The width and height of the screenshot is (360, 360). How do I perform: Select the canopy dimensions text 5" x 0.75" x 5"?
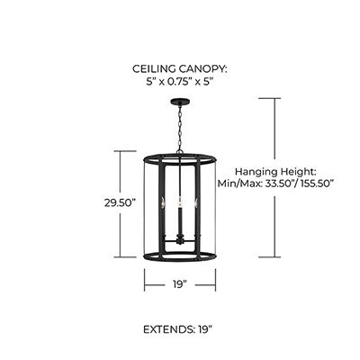(180, 82)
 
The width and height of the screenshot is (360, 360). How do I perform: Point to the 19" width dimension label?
(180, 284)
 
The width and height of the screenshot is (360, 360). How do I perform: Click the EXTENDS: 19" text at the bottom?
(178, 329)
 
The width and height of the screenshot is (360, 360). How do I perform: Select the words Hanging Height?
(275, 172)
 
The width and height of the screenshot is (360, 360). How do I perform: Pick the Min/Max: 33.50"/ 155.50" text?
(275, 184)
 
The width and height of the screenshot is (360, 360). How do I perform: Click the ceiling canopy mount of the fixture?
(180, 102)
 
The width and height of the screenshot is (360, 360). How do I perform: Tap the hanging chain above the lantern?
(180, 129)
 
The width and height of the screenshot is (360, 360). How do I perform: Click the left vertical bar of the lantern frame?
(162, 208)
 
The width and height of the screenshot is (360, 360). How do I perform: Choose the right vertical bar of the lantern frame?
(198, 208)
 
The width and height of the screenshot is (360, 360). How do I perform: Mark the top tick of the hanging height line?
(269, 98)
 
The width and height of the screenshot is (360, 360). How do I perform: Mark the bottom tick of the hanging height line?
(269, 257)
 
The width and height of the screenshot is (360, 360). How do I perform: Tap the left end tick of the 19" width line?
(145, 280)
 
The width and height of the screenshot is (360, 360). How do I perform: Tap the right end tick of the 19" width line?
(215, 280)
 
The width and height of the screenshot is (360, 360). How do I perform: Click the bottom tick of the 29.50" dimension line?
(121, 257)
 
